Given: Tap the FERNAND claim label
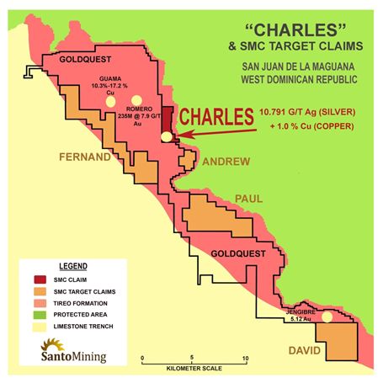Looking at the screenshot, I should click(84, 157).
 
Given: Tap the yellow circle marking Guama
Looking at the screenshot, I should click(109, 101).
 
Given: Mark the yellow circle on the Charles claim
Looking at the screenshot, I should click(167, 136).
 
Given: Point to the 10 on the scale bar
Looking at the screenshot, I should click(245, 358).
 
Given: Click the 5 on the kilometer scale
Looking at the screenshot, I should click(194, 358).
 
